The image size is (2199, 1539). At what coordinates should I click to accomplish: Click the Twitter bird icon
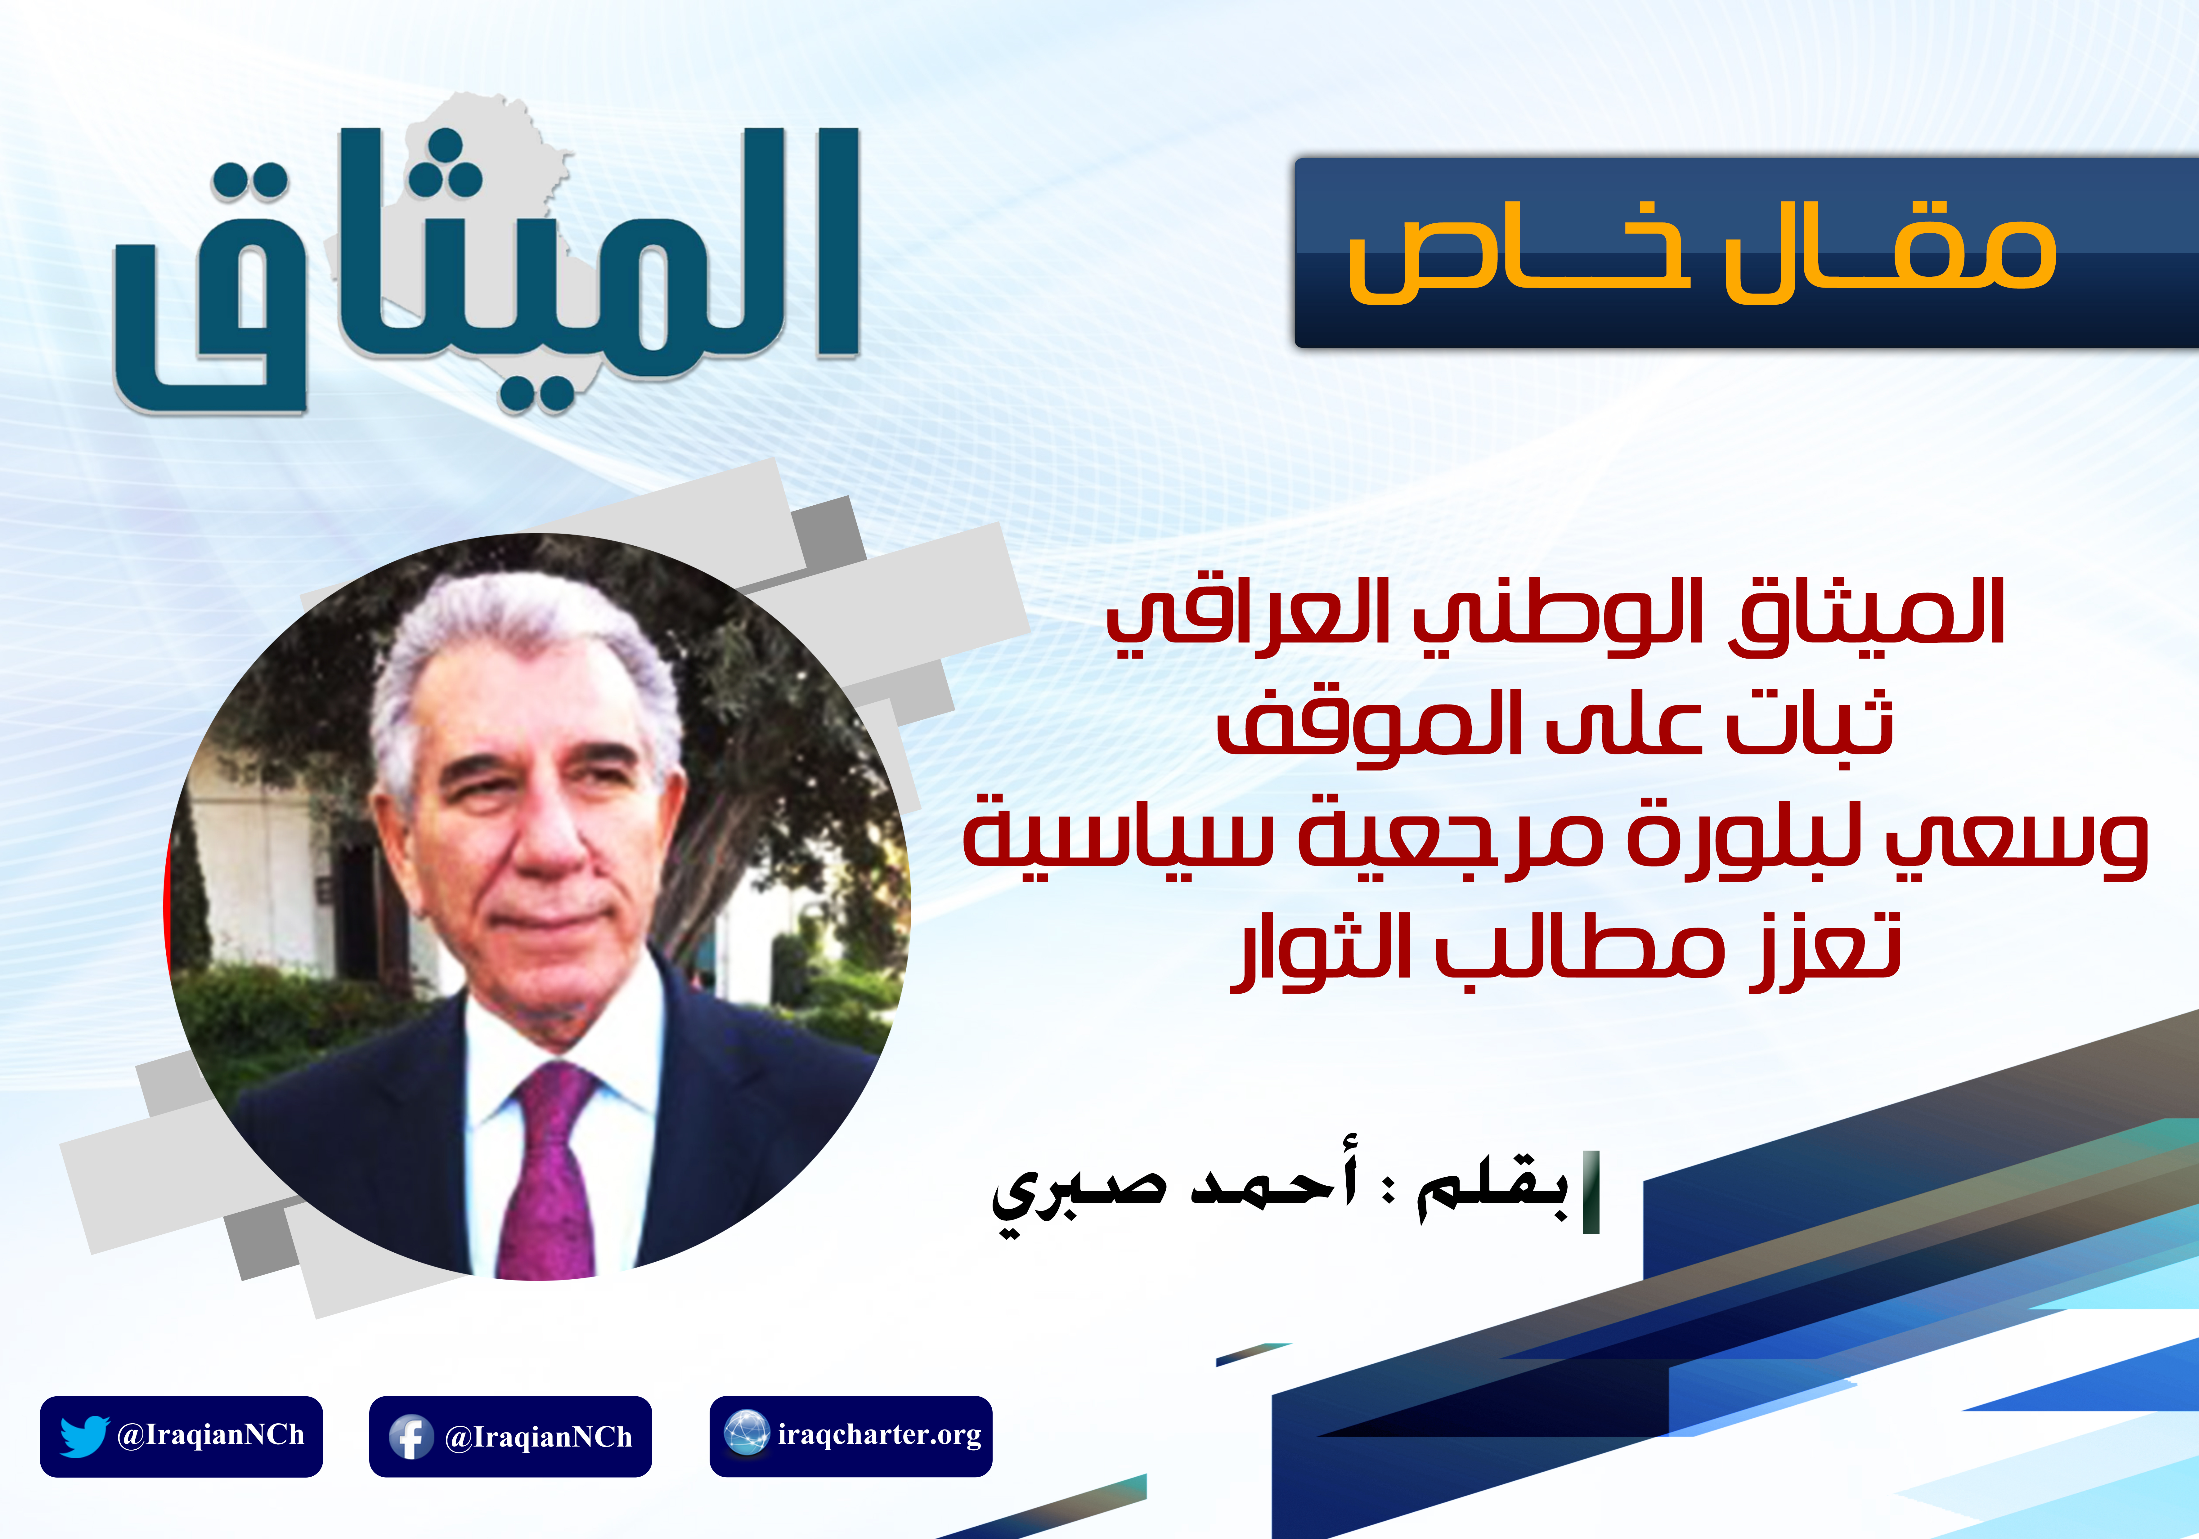84,1436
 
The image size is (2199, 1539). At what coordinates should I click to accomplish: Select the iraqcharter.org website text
879,1435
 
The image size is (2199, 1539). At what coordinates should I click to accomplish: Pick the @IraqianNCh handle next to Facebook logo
538,1437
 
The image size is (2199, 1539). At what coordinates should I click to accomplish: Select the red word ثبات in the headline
1810,723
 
